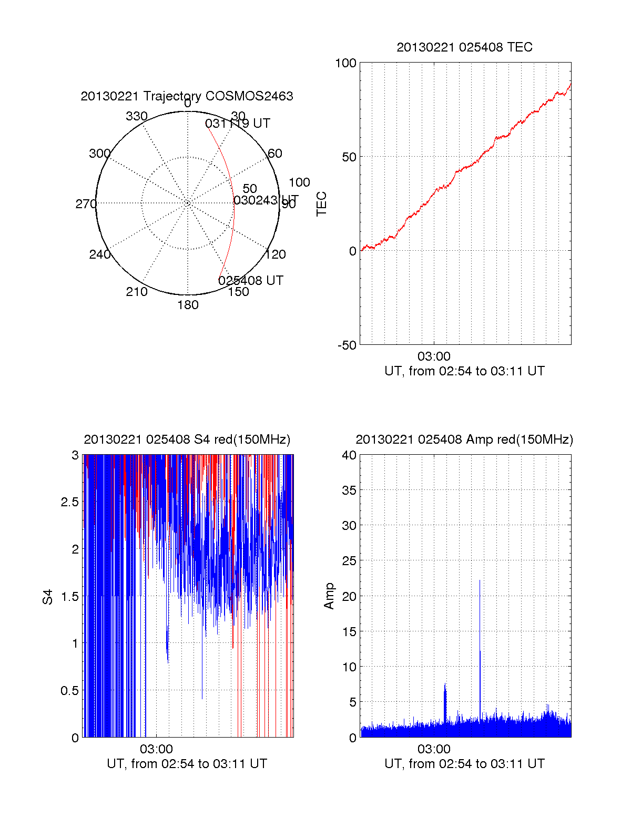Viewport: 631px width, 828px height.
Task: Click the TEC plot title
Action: pos(464,47)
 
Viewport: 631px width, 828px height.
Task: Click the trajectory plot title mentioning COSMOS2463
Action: pos(187,96)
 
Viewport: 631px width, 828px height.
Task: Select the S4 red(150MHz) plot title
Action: pos(187,439)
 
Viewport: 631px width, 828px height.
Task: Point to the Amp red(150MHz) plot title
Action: pos(464,439)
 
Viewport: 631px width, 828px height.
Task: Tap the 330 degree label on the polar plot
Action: pos(136,116)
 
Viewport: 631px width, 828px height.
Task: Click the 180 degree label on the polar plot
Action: pos(188,305)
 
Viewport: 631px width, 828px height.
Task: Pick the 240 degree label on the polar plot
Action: pos(99,254)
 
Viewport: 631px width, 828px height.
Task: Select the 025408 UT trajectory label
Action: pos(251,281)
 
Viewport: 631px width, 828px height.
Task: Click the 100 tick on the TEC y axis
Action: pos(345,63)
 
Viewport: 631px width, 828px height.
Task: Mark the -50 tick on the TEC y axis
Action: pos(347,345)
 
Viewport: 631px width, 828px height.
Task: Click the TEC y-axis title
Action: pos(321,204)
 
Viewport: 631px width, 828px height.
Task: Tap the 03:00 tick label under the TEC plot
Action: pos(434,356)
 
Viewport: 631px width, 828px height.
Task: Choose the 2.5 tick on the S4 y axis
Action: pos(70,502)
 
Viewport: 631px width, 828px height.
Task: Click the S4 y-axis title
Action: pos(48,597)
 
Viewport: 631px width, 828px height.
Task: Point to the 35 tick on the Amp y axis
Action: pos(349,490)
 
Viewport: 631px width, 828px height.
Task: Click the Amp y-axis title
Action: pos(329,596)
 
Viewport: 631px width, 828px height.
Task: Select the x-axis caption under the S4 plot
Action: pos(187,764)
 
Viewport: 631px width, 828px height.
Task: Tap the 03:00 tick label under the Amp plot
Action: pos(434,749)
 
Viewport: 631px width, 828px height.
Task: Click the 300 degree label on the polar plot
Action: pos(99,154)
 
